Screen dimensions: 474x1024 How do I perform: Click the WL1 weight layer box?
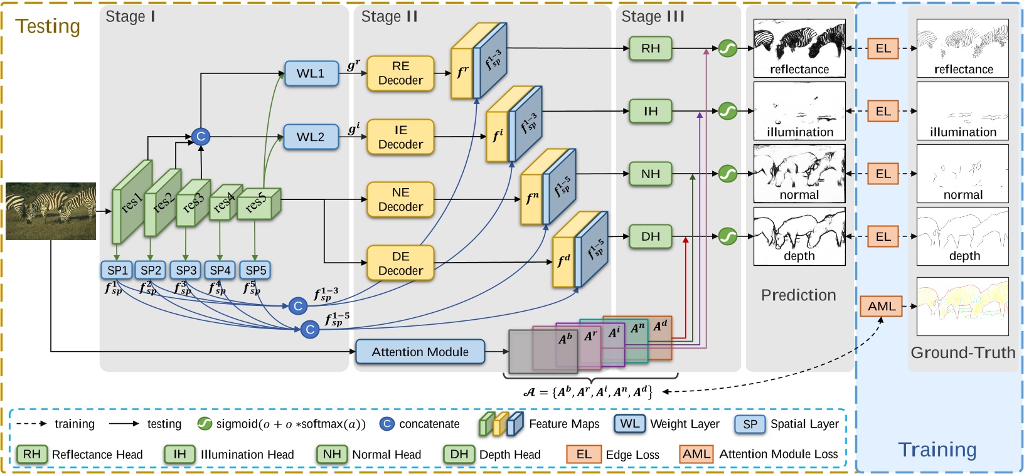click(311, 73)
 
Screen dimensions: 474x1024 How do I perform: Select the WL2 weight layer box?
click(311, 137)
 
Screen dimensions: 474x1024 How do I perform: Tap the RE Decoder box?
click(400, 73)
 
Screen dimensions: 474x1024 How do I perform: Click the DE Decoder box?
click(400, 263)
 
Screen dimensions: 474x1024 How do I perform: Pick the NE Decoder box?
click(400, 199)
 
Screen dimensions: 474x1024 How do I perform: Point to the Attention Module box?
click(420, 352)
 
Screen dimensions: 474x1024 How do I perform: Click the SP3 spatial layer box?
click(186, 270)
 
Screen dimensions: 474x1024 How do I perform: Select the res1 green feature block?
click(131, 202)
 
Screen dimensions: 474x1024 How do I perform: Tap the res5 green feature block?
click(257, 204)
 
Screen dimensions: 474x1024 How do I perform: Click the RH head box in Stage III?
click(650, 48)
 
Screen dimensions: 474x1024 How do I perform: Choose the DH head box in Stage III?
click(650, 236)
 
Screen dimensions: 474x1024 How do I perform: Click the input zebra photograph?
click(51, 211)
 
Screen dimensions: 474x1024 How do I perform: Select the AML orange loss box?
click(881, 307)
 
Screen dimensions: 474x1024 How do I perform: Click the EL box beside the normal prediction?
click(883, 174)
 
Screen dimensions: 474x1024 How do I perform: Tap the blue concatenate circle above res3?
click(201, 137)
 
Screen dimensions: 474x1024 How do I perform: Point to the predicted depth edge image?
click(799, 236)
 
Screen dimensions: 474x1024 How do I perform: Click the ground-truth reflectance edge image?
click(963, 48)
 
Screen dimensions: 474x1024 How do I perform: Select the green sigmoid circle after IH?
click(727, 111)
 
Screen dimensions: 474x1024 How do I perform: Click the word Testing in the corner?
click(48, 26)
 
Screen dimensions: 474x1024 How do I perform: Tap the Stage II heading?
click(389, 17)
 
